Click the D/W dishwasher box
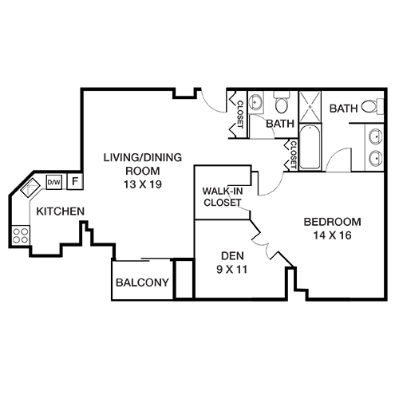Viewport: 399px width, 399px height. pos(54,182)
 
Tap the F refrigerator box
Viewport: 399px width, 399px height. pos(75,181)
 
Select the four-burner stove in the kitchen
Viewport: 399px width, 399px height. pos(21,235)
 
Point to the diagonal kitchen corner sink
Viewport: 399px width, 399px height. pos(30,188)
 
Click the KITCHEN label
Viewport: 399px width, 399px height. pos(61,211)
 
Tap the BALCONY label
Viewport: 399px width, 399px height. pos(142,282)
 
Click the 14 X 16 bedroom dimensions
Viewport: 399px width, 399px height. pos(332,235)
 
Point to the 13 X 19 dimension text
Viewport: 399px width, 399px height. pos(143,184)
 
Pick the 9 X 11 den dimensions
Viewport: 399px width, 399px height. pos(232,270)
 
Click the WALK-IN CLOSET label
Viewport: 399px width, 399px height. pos(223,197)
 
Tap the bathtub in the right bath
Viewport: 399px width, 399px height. pos(310,147)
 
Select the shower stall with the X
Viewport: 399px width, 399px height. pos(310,107)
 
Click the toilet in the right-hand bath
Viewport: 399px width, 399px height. pos(373,107)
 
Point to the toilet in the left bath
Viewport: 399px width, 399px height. pos(282,102)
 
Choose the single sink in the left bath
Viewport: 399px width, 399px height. pos(256,102)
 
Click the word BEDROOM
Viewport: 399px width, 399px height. pos(332,222)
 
